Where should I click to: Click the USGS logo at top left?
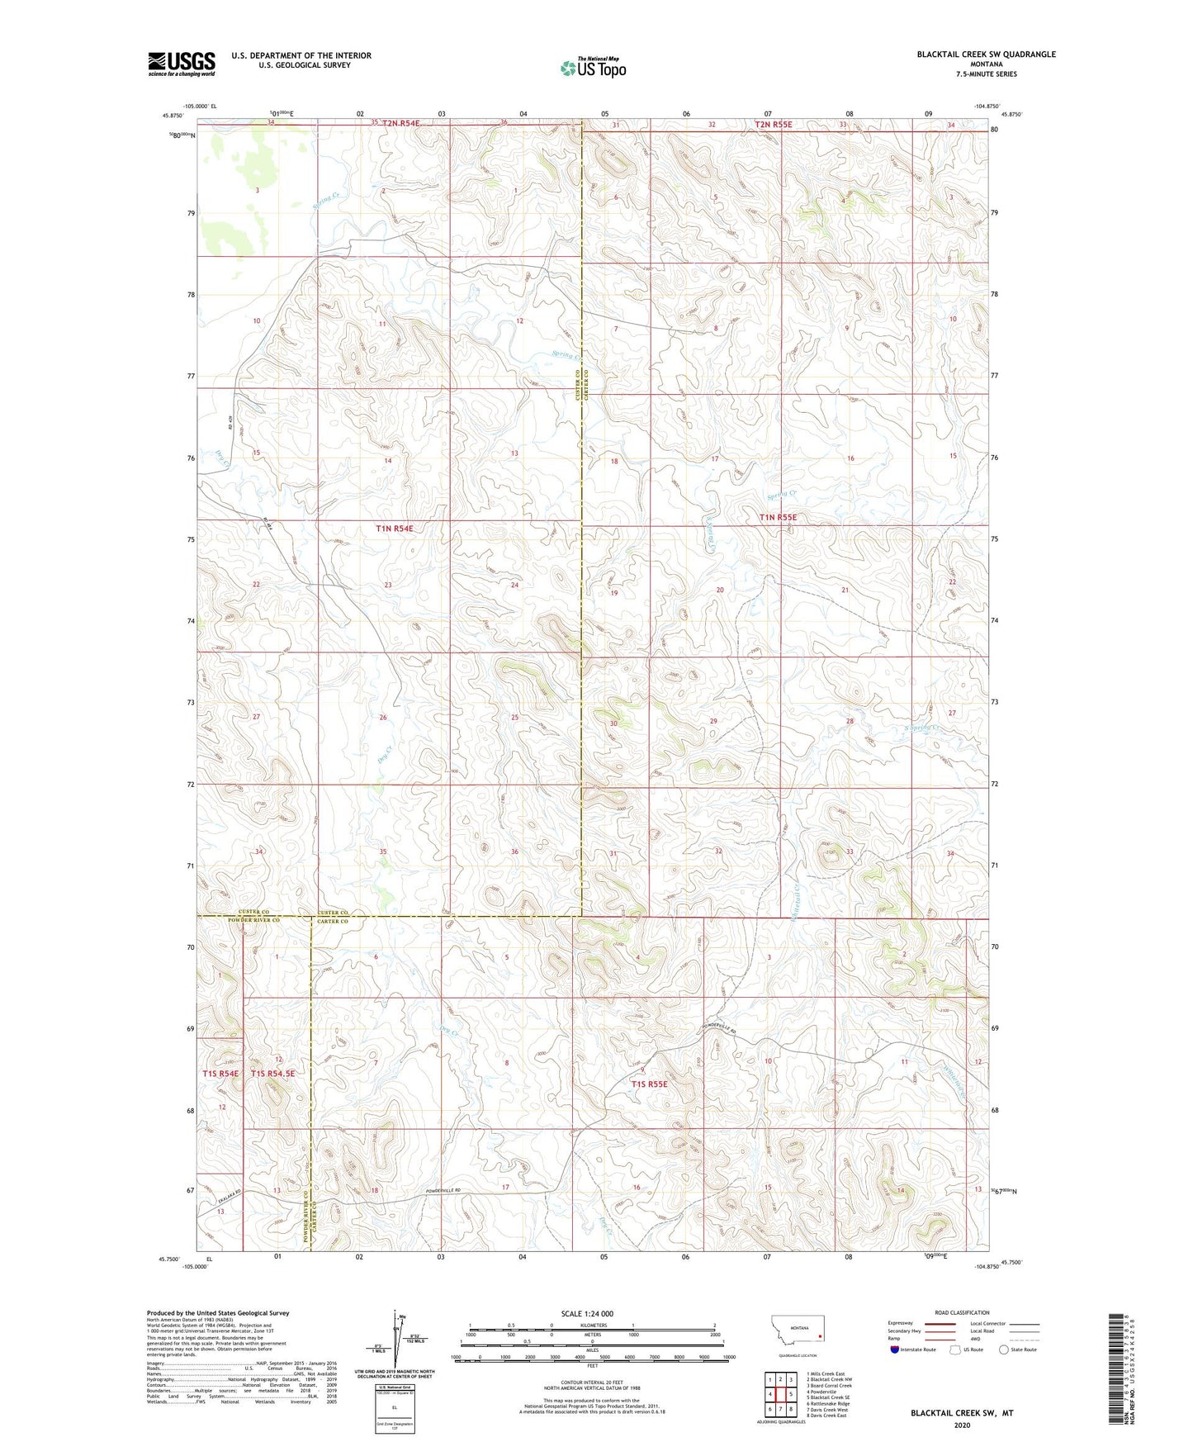(x=182, y=64)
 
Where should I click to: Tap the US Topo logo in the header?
(x=593, y=69)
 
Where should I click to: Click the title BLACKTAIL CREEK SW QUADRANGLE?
(x=986, y=55)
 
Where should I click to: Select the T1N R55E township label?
(x=779, y=518)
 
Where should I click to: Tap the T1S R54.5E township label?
(x=272, y=1074)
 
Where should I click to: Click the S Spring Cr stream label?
(x=922, y=728)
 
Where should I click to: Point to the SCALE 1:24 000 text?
(x=587, y=1314)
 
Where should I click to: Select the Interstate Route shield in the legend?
(x=896, y=1350)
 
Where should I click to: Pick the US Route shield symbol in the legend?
(x=956, y=1350)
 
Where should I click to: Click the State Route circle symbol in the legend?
(x=1004, y=1350)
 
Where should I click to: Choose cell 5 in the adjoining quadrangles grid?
(x=791, y=1394)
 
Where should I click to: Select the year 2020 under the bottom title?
(x=962, y=1425)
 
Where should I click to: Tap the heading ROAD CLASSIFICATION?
(x=962, y=1312)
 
